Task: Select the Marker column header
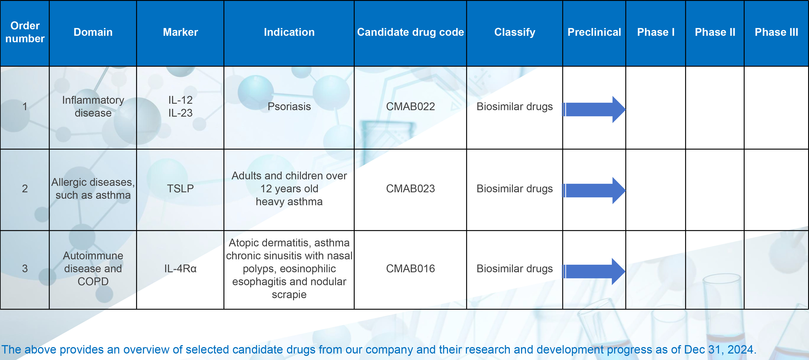pyautogui.click(x=180, y=32)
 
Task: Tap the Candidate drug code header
pyautogui.click(x=410, y=32)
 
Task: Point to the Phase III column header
pyautogui.click(x=776, y=32)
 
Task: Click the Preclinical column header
pyautogui.click(x=594, y=32)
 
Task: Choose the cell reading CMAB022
pyautogui.click(x=410, y=106)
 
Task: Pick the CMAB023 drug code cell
pyautogui.click(x=410, y=188)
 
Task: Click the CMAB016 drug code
pyautogui.click(x=410, y=269)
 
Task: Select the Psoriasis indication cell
pyautogui.click(x=289, y=106)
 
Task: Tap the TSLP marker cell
pyautogui.click(x=180, y=188)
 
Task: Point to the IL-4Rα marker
pyautogui.click(x=180, y=269)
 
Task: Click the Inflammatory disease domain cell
pyautogui.click(x=93, y=106)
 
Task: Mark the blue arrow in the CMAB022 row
pyautogui.click(x=594, y=109)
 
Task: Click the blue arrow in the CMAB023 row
pyautogui.click(x=594, y=190)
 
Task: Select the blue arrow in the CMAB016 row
pyautogui.click(x=594, y=271)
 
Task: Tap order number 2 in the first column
pyautogui.click(x=25, y=188)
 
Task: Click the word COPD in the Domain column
pyautogui.click(x=93, y=282)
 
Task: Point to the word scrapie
pyautogui.click(x=289, y=295)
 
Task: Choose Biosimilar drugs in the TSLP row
pyautogui.click(x=514, y=188)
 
